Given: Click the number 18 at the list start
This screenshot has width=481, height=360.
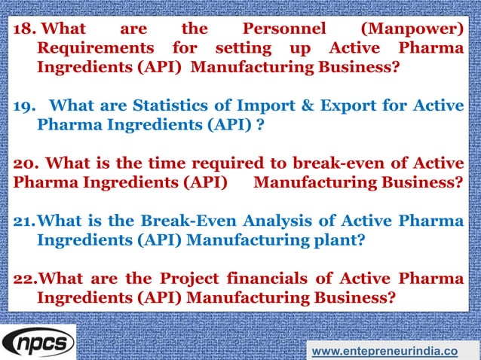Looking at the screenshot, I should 25,29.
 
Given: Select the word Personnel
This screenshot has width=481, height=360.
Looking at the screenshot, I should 283,29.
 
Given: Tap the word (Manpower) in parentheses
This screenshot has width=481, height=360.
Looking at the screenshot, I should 412,29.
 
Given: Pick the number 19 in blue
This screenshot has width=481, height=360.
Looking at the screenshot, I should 25,105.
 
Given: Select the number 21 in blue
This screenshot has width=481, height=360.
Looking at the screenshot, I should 25,221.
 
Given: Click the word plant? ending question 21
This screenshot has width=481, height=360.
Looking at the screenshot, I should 338,239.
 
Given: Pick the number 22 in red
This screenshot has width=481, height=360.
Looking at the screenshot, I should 25,278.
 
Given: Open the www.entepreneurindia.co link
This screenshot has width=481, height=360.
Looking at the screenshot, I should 384,350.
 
